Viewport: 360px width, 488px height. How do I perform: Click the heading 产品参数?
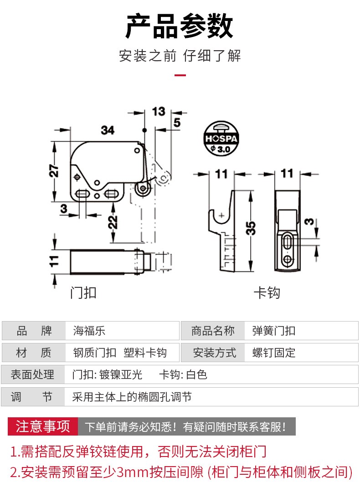pos(180,26)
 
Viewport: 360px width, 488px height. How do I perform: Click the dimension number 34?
pos(108,130)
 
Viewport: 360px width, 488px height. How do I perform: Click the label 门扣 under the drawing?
pos(83,292)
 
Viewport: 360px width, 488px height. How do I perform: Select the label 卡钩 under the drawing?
pos(267,292)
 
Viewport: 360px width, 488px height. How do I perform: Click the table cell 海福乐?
pos(89,331)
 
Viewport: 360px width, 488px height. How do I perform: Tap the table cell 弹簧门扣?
pos(274,331)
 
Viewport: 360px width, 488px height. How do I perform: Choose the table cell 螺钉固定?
pos(274,353)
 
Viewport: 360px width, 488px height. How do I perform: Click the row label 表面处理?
pos(33,375)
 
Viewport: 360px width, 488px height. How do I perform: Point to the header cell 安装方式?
pos(215,353)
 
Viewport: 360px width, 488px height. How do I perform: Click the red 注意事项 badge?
pos(43,426)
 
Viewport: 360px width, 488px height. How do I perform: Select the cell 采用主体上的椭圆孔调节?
pos(132,397)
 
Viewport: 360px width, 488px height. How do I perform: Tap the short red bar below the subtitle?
pos(180,76)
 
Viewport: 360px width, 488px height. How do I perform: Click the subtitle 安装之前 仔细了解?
pos(180,56)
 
